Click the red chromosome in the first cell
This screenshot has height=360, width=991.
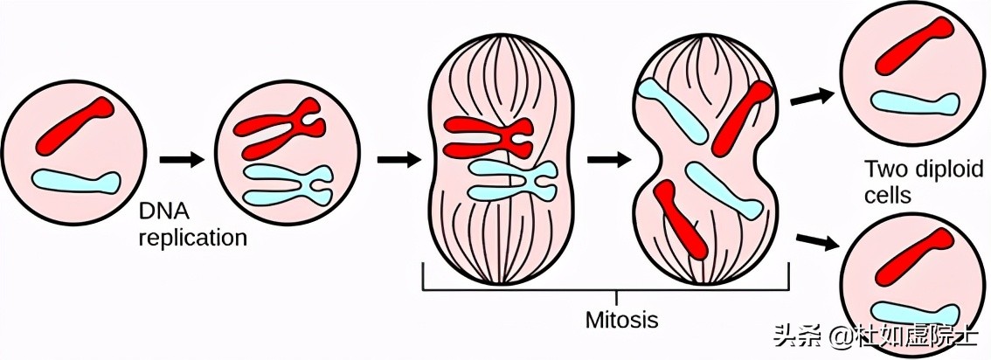click(74, 126)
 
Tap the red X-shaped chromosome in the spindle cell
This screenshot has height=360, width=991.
click(487, 136)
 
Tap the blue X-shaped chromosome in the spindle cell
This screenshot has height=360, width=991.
click(512, 178)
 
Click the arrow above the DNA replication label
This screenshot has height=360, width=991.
click(181, 160)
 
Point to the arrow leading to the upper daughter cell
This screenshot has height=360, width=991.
click(809, 97)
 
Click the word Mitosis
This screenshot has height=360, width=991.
click(621, 319)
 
